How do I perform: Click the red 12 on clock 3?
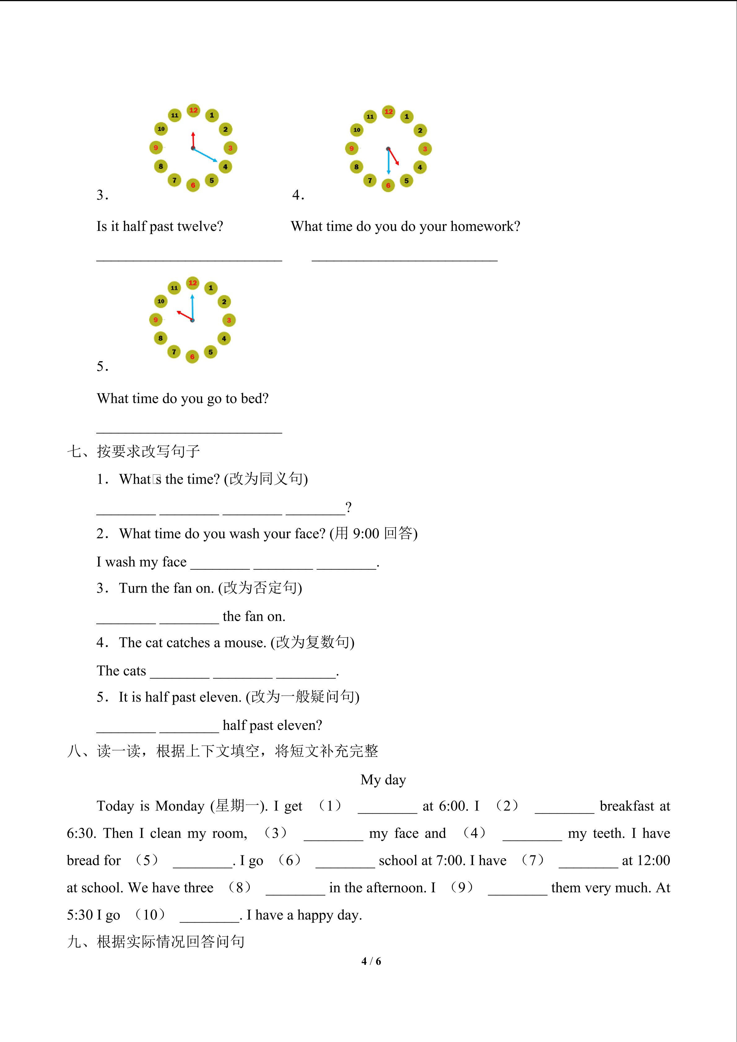click(x=193, y=110)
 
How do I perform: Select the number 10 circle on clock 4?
click(x=357, y=130)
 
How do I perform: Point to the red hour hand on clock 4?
click(x=393, y=157)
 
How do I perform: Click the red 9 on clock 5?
click(x=156, y=320)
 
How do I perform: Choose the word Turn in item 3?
click(x=133, y=588)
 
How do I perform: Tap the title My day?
click(x=383, y=780)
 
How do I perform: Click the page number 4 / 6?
click(x=371, y=961)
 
